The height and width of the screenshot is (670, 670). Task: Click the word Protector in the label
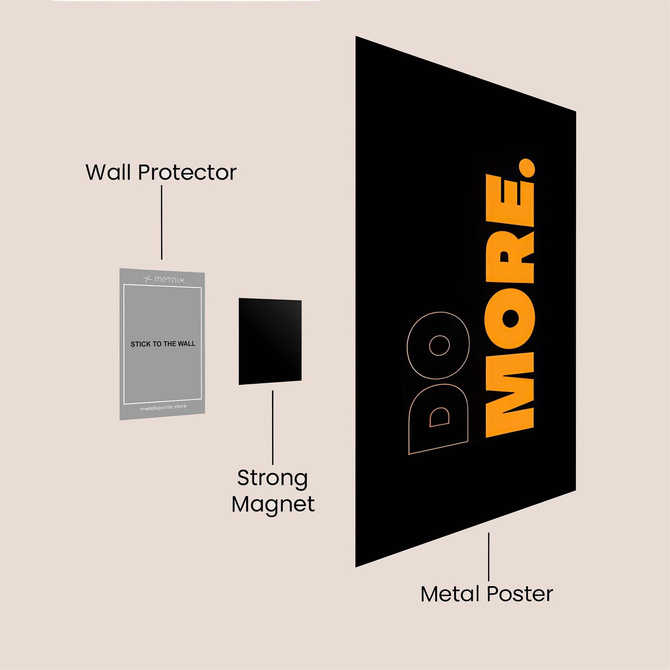click(x=187, y=172)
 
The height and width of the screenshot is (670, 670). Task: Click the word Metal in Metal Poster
click(x=450, y=594)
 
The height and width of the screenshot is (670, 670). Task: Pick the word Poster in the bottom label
click(x=520, y=594)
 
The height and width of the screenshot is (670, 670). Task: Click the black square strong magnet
click(x=270, y=341)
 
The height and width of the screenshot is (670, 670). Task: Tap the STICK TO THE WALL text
click(x=163, y=344)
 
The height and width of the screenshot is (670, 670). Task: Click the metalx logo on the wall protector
click(x=164, y=279)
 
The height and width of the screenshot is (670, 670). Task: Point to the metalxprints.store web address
click(x=163, y=408)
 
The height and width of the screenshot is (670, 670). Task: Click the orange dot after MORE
click(x=526, y=168)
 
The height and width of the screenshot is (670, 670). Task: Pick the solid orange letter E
click(x=510, y=205)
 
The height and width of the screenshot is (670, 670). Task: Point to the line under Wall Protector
click(x=162, y=223)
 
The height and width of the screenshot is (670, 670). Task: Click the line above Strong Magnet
click(x=272, y=427)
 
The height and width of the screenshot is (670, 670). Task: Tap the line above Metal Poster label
click(x=488, y=556)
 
